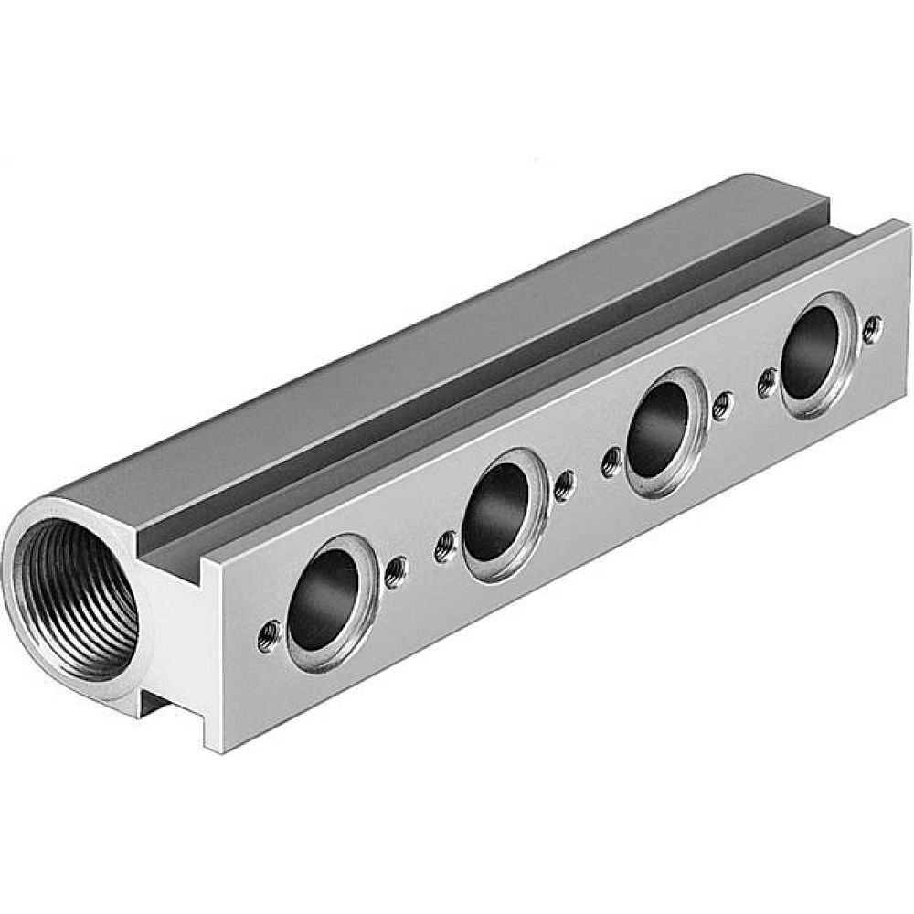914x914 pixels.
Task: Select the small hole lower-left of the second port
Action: (x=445, y=545)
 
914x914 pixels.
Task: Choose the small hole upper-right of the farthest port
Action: (x=873, y=323)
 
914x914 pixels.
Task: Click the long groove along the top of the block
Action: (x=512, y=366)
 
